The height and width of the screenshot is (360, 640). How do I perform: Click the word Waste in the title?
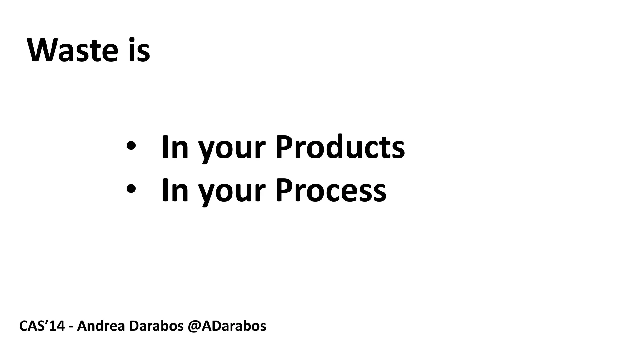pos(73,50)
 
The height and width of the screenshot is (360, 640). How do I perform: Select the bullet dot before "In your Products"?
pos(131,146)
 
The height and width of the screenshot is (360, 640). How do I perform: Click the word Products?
pos(340,147)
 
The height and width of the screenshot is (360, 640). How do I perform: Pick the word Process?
pos(330,190)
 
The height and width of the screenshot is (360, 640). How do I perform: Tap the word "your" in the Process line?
pos(232,193)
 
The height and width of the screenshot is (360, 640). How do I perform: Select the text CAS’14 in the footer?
pos(42,326)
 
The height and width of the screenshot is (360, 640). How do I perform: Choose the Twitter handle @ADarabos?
pos(227,326)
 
